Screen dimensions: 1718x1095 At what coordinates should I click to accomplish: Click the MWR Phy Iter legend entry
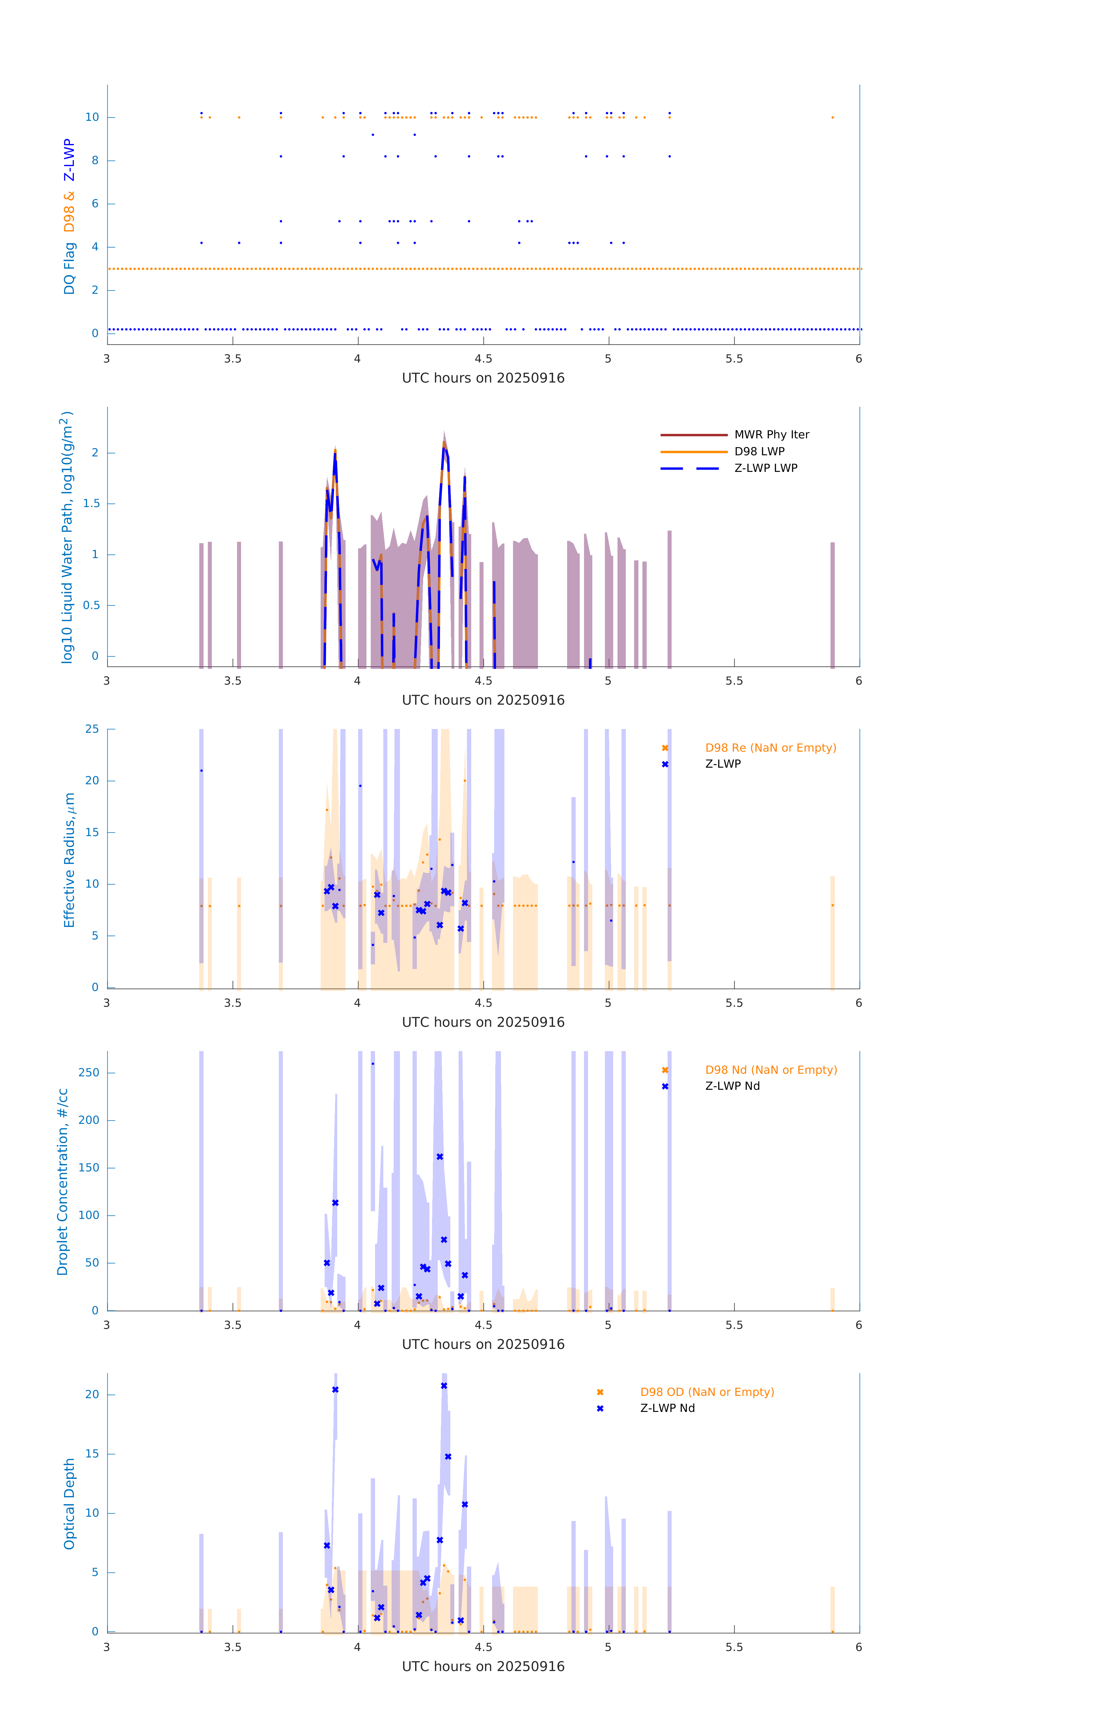point(771,434)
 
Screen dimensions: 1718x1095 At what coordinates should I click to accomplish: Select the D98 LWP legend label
point(759,452)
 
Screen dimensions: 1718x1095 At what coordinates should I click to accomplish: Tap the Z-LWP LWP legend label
point(765,468)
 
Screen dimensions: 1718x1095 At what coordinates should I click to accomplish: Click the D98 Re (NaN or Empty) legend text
point(770,748)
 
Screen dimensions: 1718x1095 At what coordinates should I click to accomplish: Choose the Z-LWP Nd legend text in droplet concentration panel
point(732,1086)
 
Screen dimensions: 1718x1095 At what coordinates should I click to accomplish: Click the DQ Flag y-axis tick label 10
point(92,117)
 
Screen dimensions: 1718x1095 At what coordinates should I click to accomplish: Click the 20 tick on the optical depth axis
point(92,1394)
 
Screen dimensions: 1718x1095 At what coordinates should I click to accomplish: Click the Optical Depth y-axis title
point(69,1504)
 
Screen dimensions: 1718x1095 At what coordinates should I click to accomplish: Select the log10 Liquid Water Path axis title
point(66,537)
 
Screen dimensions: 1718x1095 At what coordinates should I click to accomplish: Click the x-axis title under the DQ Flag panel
point(483,378)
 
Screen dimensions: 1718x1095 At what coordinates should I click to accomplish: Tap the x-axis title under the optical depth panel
point(483,1667)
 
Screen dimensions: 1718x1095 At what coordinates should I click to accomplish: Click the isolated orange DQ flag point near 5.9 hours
point(832,117)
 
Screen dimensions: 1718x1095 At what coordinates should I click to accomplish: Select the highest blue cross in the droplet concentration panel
point(439,1157)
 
